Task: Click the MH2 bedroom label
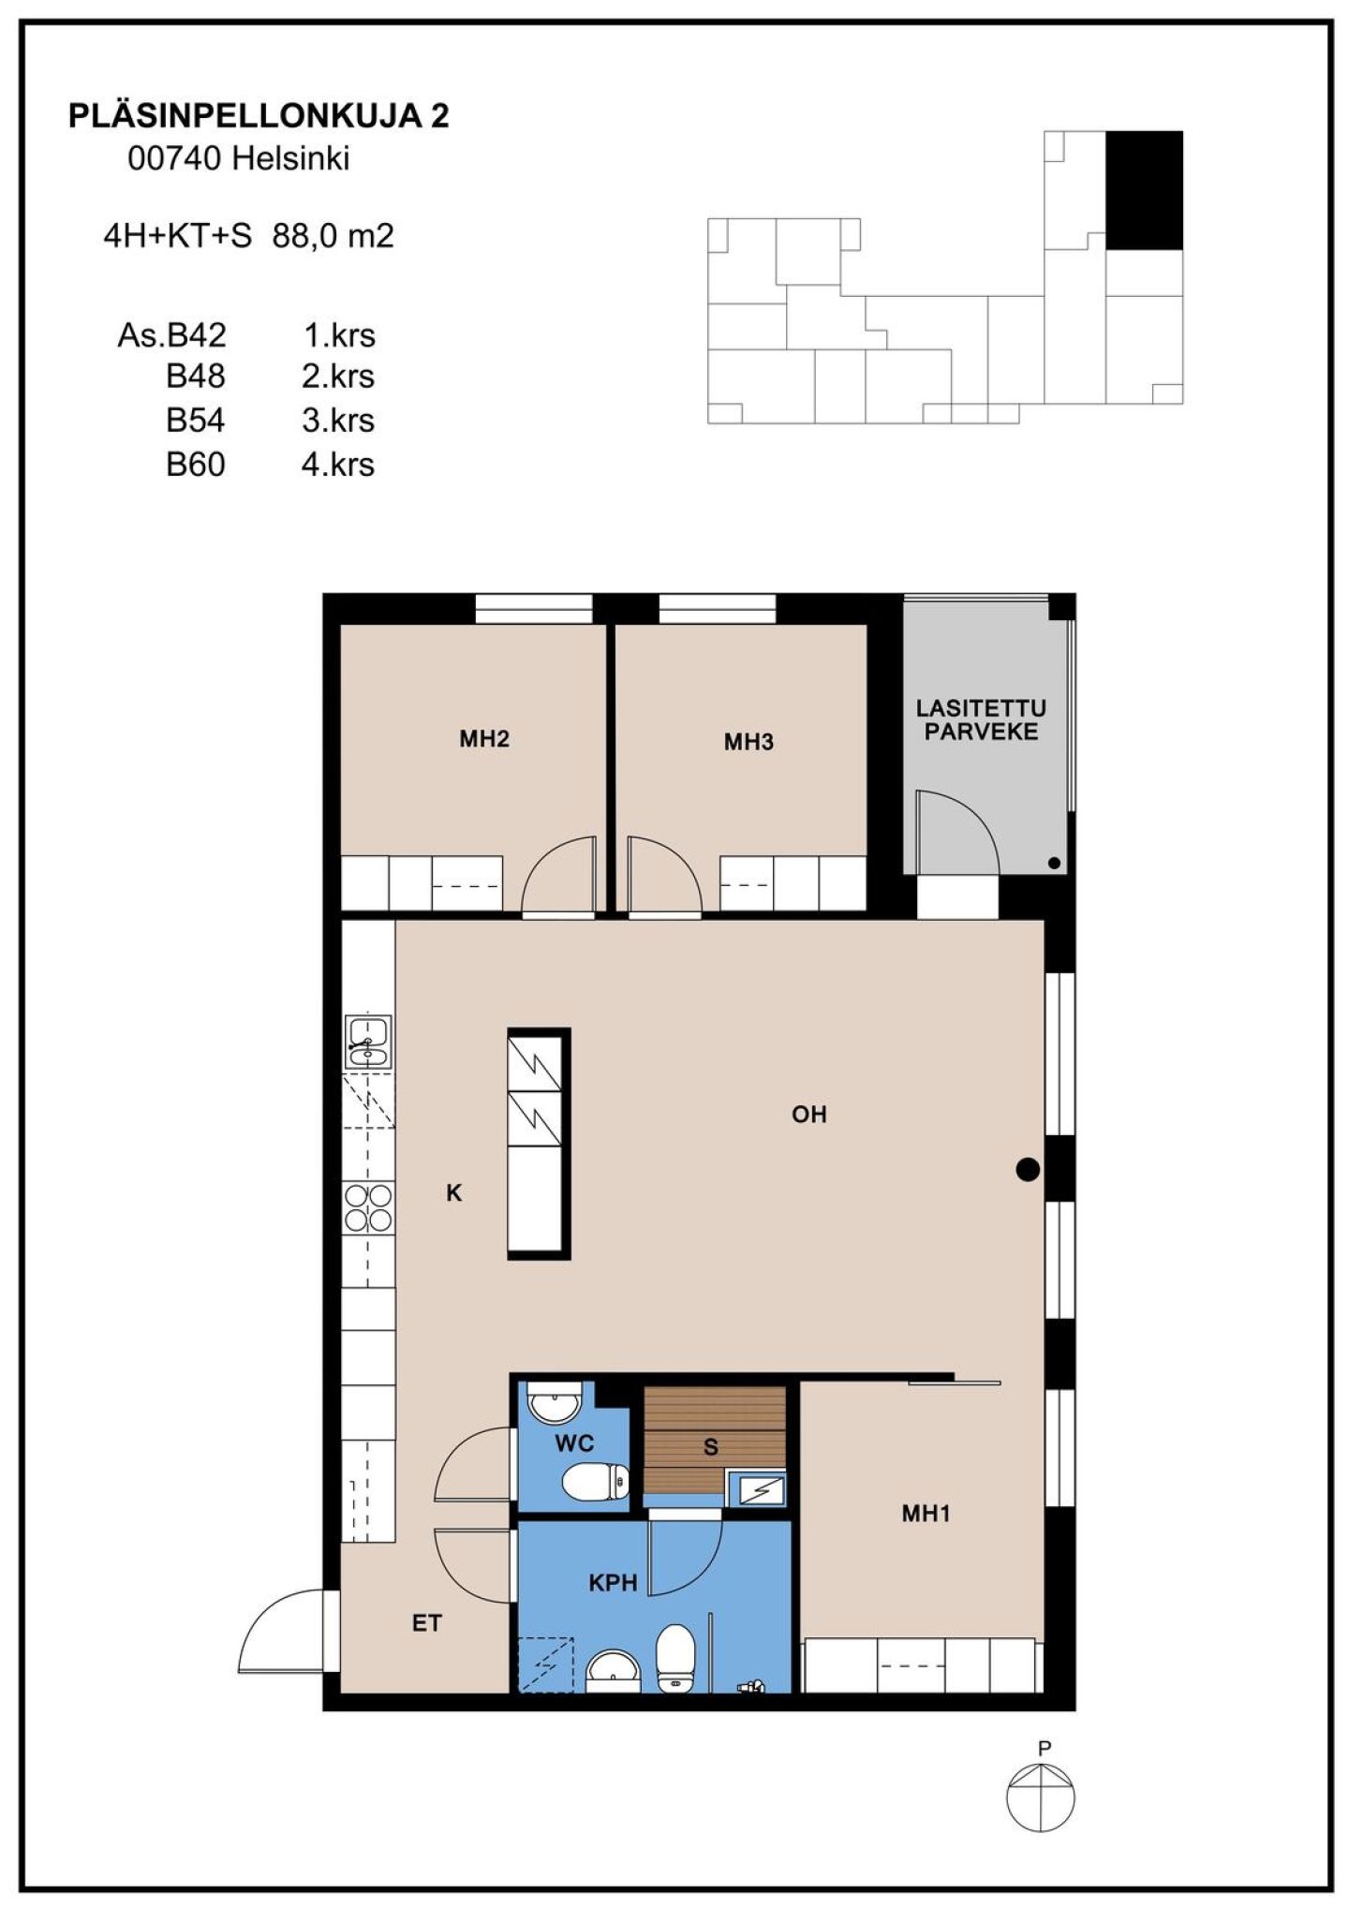(483, 739)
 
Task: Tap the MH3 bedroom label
(749, 742)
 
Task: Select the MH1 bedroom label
(926, 1513)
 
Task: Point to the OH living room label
(809, 1114)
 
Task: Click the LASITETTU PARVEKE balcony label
(981, 720)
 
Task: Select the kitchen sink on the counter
(368, 1042)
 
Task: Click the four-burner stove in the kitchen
(368, 1208)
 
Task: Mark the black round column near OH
(1028, 1169)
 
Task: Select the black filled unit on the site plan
(1144, 190)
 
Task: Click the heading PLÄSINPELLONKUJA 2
(259, 115)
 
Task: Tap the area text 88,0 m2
(334, 236)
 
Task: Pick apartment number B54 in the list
(196, 421)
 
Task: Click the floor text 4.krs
(338, 465)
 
